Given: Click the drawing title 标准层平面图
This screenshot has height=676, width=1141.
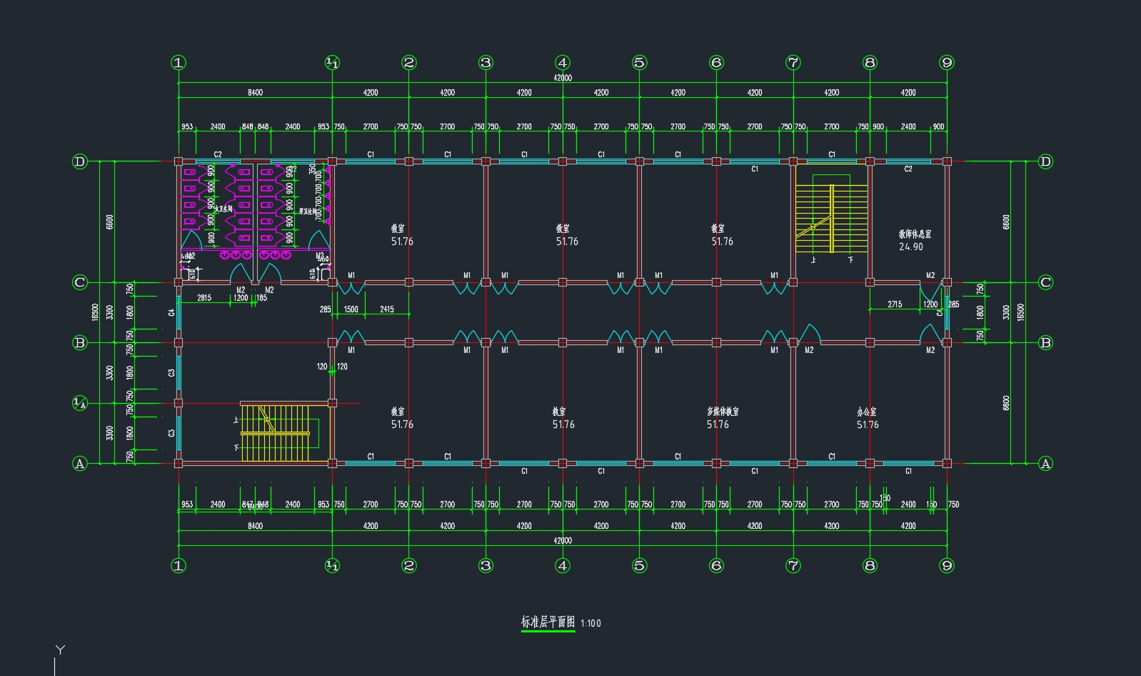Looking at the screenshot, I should pyautogui.click(x=548, y=622).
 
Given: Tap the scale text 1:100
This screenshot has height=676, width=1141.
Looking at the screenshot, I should pyautogui.click(x=590, y=623).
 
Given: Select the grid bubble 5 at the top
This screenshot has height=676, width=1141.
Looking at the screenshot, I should pyautogui.click(x=639, y=63).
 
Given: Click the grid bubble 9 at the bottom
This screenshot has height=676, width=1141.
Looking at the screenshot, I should pyautogui.click(x=947, y=565).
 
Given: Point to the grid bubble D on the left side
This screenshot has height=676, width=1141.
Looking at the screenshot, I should pyautogui.click(x=80, y=161).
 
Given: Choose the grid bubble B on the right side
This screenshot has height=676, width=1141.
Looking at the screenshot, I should pyautogui.click(x=1045, y=342).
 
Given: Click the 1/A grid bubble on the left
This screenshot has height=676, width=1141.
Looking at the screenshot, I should pyautogui.click(x=80, y=403).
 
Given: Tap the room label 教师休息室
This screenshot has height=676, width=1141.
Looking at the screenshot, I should pyautogui.click(x=915, y=234).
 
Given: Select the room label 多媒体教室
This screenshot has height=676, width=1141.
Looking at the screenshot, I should pyautogui.click(x=723, y=412).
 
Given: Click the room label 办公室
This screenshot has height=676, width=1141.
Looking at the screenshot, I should pyautogui.click(x=867, y=412).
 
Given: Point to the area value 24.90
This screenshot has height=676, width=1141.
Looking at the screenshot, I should pyautogui.click(x=911, y=247).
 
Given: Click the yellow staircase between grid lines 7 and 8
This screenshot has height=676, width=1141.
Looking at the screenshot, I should pyautogui.click(x=832, y=218).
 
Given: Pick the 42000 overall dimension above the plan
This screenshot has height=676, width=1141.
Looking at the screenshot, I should pyautogui.click(x=563, y=77).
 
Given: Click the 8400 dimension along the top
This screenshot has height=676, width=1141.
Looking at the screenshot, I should pyautogui.click(x=255, y=92).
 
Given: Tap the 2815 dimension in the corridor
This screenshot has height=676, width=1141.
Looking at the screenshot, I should pyautogui.click(x=203, y=297).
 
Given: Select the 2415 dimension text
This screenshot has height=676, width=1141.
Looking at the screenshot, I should pyautogui.click(x=387, y=309).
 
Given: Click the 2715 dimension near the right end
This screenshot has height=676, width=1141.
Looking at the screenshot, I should pyautogui.click(x=895, y=304).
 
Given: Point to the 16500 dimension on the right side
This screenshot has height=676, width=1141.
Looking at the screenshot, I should pyautogui.click(x=1021, y=312).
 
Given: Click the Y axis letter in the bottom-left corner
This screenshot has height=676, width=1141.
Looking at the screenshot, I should pyautogui.click(x=61, y=650).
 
